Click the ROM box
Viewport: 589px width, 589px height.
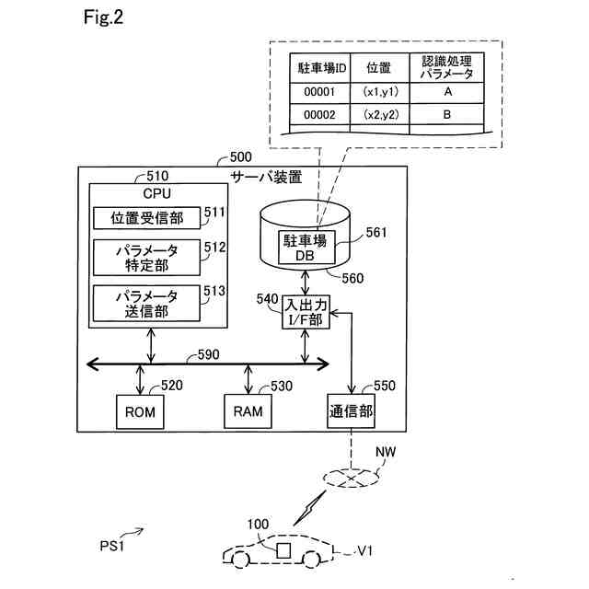tap(140, 411)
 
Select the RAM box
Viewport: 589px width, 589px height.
tap(248, 411)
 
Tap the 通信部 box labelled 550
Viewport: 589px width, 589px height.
tap(351, 410)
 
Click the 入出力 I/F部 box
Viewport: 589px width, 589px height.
tap(306, 312)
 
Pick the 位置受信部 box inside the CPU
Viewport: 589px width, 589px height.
tap(146, 217)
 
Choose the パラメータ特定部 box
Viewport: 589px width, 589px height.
tap(146, 258)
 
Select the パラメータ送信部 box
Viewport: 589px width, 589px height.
tap(146, 303)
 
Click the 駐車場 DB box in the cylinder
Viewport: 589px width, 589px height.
tap(306, 248)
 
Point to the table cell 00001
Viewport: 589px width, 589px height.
tap(319, 92)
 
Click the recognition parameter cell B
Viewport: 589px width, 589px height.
tap(446, 114)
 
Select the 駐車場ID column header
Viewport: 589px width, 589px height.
tap(319, 68)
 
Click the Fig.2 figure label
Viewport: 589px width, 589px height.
tap(103, 17)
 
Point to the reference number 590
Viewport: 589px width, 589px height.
tap(209, 354)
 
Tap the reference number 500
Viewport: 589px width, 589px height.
tap(240, 156)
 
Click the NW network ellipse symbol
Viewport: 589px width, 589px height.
tap(351, 478)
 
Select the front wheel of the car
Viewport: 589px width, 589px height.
tap(239, 560)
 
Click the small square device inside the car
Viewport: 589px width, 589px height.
tap(283, 550)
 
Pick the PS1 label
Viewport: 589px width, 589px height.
tap(111, 546)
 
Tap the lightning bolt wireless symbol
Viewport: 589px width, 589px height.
tap(309, 507)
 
